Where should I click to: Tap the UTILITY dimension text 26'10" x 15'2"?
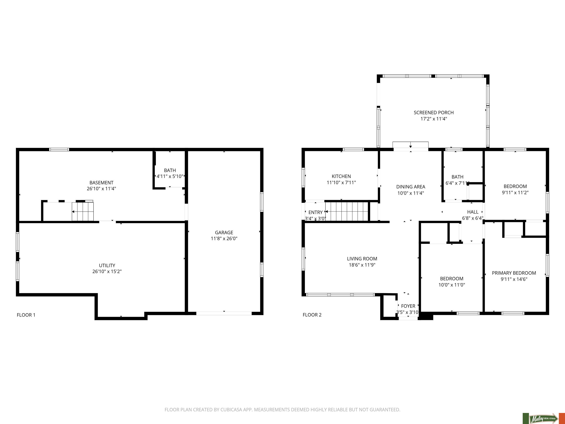click(107, 271)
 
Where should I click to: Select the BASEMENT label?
click(101, 183)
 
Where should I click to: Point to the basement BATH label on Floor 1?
click(170, 170)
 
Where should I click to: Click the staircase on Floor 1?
click(83, 211)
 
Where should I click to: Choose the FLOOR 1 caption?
click(26, 315)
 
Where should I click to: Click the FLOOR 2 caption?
click(312, 315)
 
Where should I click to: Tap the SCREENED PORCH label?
click(434, 112)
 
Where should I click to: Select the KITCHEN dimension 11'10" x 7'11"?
click(341, 183)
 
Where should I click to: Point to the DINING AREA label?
click(411, 187)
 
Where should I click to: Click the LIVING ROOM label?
click(362, 259)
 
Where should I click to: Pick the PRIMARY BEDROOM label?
click(514, 273)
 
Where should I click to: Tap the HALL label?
click(473, 212)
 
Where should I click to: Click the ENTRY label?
click(315, 212)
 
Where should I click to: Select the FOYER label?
click(408, 306)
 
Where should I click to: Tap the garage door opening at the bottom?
click(224, 313)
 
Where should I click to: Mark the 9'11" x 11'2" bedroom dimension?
click(515, 193)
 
